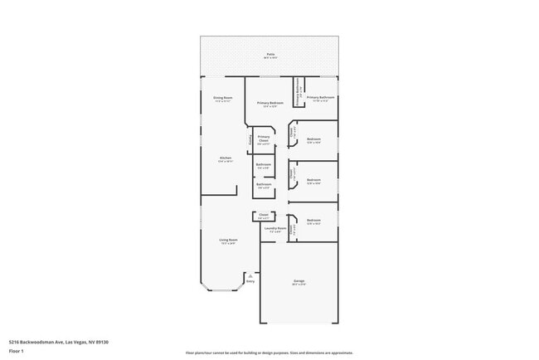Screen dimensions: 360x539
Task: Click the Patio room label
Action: (x=269, y=55)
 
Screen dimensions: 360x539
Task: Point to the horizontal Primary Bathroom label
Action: (x=322, y=98)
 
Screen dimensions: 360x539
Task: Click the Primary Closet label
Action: (x=264, y=139)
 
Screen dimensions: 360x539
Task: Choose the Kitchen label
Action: (x=226, y=158)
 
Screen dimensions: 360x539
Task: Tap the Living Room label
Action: (x=228, y=240)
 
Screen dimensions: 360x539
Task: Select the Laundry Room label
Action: (x=275, y=228)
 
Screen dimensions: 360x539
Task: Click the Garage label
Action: (x=299, y=281)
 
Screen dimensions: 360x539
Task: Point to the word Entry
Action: (x=250, y=282)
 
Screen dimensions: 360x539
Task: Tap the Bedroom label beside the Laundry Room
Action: (x=313, y=221)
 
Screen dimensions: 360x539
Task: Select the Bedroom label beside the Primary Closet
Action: (x=313, y=139)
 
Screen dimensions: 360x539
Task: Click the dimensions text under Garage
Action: (x=299, y=285)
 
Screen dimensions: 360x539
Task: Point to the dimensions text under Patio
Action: (x=269, y=58)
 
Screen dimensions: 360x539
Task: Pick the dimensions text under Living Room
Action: (x=228, y=244)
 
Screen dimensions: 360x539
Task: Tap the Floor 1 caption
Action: (x=17, y=352)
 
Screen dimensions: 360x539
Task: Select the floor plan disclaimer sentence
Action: (x=269, y=353)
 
